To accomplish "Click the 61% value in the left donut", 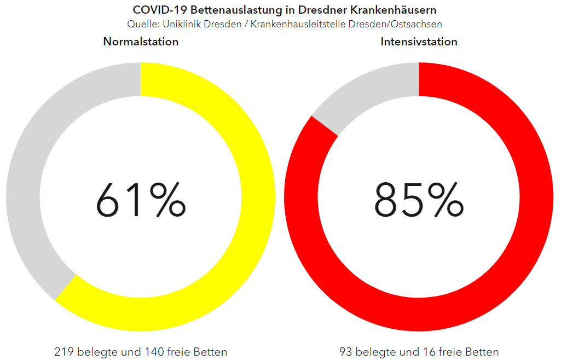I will pos(141,200).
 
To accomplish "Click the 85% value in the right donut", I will pos(419,200).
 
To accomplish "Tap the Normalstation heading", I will pos(141,42).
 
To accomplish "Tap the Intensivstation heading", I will pos(419,42).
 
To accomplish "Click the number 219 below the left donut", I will pos(63,351).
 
